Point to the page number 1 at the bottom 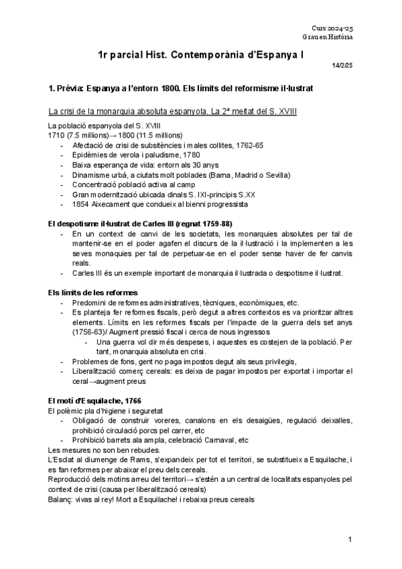[350, 539]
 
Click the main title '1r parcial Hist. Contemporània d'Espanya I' [200, 58]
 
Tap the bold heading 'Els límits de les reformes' [84, 293]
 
